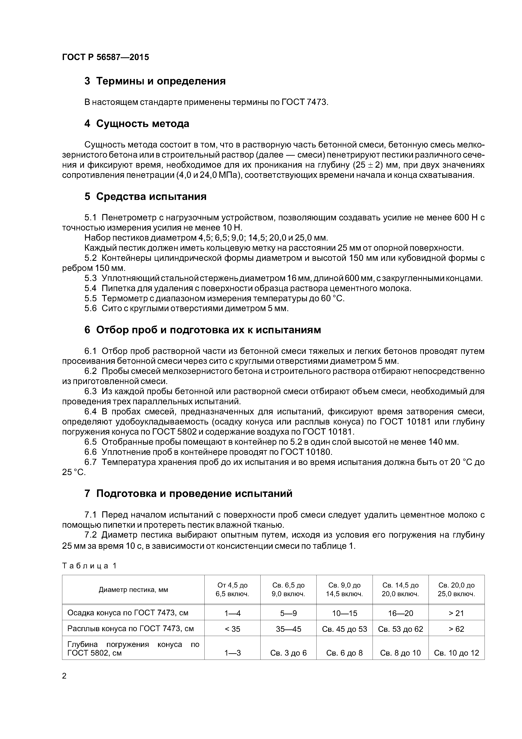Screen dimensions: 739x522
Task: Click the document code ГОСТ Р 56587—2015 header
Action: tap(105, 57)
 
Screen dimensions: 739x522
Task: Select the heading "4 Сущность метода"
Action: tap(137, 124)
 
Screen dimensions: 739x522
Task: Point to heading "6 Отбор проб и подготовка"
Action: tap(203, 330)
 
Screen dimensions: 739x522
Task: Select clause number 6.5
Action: tap(90, 442)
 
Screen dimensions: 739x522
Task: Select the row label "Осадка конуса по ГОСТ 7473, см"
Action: tap(128, 613)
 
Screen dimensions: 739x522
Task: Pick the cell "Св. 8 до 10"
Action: tap(400, 653)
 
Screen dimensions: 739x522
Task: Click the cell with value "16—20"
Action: tap(400, 613)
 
